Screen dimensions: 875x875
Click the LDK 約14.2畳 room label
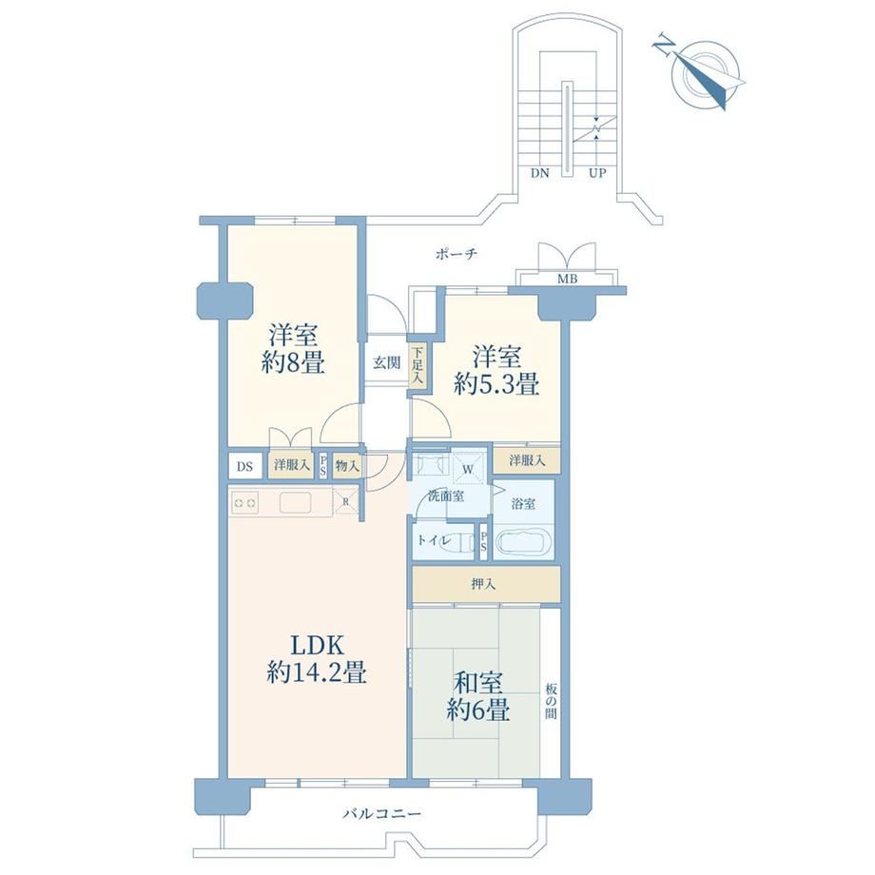pos(317,659)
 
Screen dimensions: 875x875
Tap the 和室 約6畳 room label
pos(478,696)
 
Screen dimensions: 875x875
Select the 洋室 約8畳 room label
pos(293,349)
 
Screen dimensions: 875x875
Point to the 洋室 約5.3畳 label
pos(496,370)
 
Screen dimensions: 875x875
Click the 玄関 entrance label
pos(387,362)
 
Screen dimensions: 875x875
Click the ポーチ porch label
pos(456,255)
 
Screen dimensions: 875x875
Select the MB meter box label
pos(568,279)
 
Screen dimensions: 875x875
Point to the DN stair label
pos(539,173)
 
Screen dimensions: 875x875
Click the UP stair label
pos(597,173)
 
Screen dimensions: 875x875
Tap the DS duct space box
pos(245,466)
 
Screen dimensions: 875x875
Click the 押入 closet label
pos(483,584)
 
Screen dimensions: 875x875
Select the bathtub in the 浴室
pos(524,543)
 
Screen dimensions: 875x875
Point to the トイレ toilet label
pos(434,540)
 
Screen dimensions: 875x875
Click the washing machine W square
pos(468,469)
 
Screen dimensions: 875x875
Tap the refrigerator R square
pos(345,501)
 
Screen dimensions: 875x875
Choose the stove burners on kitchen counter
pos(245,503)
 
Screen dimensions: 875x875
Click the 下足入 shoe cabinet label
pos(418,365)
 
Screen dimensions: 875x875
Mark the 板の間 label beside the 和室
pos(551,701)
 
